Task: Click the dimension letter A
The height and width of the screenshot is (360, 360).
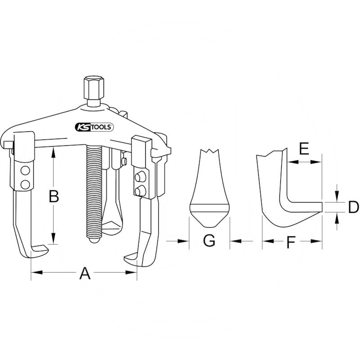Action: (x=85, y=273)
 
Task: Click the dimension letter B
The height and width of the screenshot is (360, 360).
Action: (x=54, y=197)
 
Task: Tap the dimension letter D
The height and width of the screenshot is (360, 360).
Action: (x=354, y=207)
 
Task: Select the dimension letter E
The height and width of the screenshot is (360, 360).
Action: (x=304, y=148)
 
